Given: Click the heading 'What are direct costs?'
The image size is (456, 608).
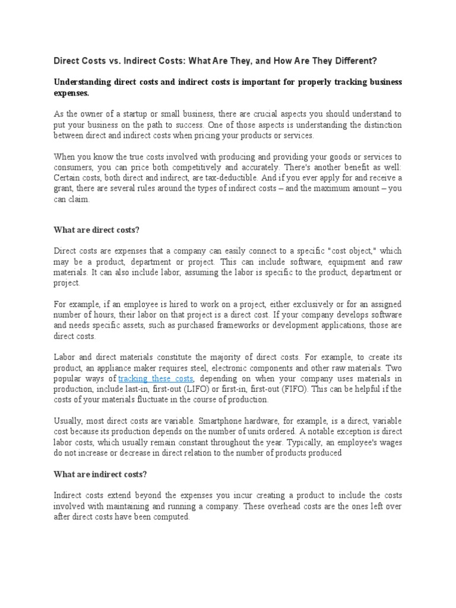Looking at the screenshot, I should tap(96, 230).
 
